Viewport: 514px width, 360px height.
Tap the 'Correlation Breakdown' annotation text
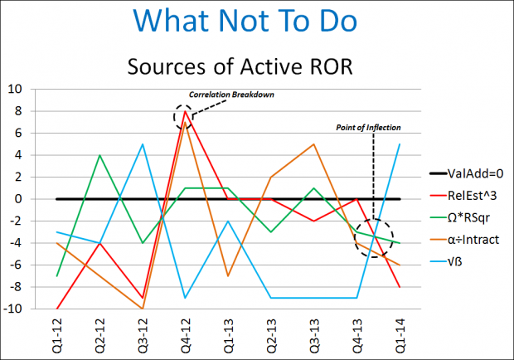pyautogui.click(x=231, y=95)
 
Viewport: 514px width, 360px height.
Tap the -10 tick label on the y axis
pyautogui.click(x=16, y=309)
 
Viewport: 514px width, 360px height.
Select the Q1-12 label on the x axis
pyautogui.click(x=56, y=333)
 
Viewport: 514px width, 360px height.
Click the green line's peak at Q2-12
pyautogui.click(x=99, y=155)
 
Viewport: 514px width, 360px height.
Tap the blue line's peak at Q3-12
pyautogui.click(x=143, y=144)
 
